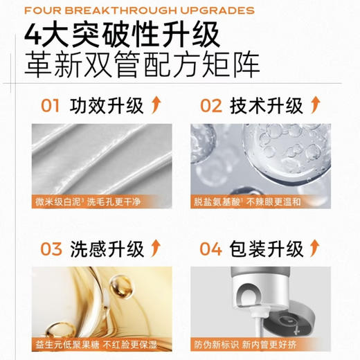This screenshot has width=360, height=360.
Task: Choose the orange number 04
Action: [x=210, y=248]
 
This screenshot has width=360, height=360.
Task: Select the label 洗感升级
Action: [x=107, y=248]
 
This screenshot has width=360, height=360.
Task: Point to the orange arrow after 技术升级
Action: [x=316, y=105]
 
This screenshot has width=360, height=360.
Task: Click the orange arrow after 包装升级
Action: [x=316, y=247]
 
